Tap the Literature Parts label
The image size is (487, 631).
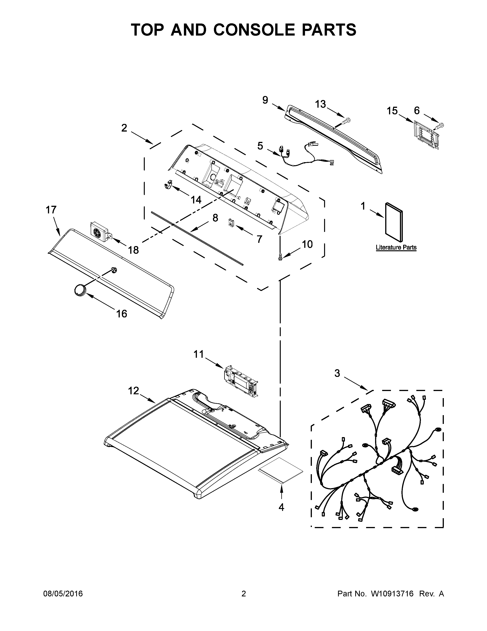[396, 248]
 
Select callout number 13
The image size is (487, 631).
[320, 104]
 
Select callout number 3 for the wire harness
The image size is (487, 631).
[337, 373]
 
